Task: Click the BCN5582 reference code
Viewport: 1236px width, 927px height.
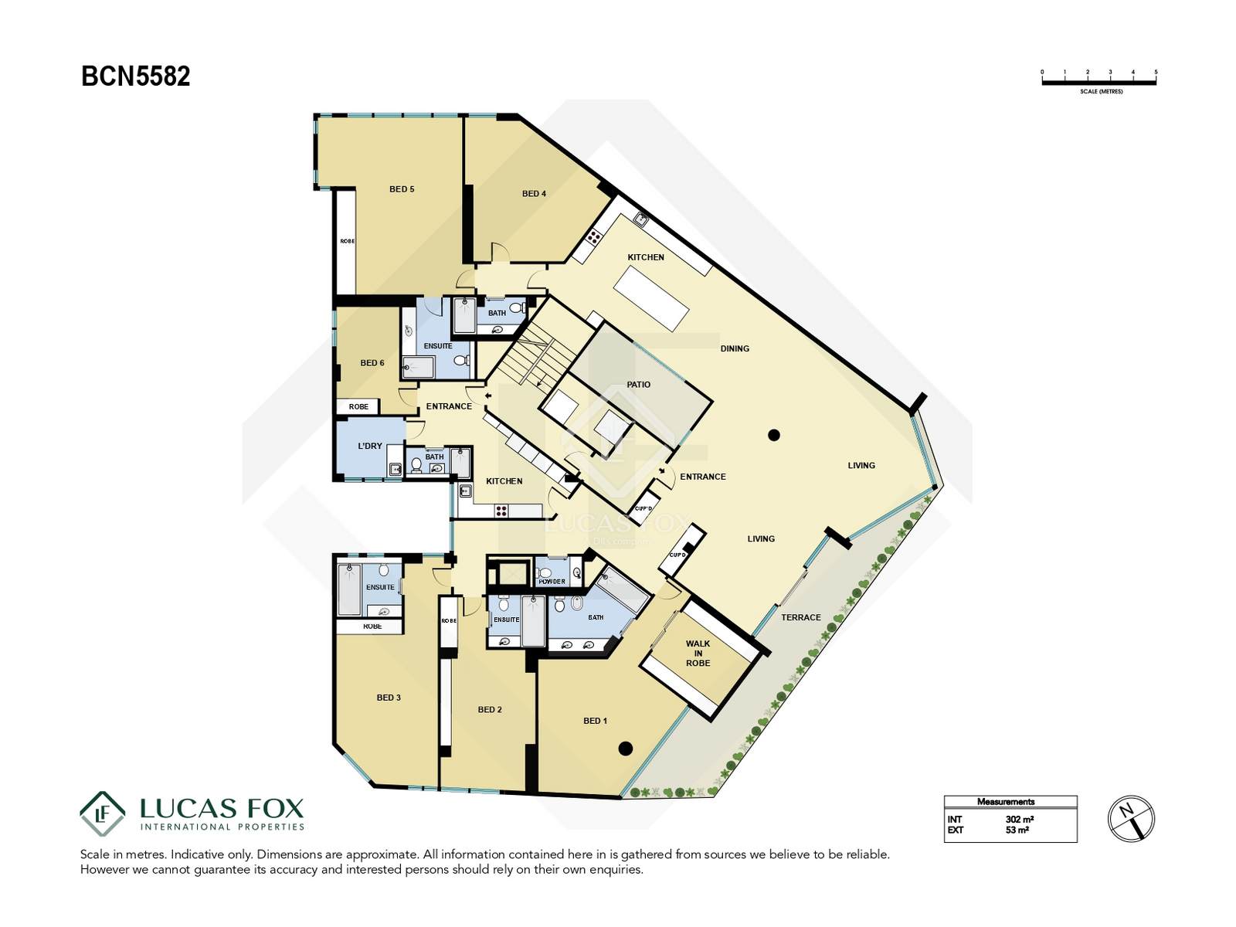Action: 136,76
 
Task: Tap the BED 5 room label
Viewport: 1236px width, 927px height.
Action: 402,189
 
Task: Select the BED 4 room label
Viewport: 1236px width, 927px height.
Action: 534,194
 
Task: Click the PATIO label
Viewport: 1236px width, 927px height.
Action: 639,385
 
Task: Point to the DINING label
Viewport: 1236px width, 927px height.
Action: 735,348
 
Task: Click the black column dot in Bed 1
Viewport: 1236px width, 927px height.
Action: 625,749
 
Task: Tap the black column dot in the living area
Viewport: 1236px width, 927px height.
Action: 774,434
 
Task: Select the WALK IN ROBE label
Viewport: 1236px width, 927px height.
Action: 698,653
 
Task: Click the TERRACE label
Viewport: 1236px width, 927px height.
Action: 801,617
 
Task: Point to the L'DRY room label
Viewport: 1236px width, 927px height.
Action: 370,446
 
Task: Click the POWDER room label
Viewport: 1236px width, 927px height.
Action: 552,582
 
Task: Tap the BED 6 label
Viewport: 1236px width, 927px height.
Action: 372,363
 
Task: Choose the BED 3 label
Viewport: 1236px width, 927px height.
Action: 389,698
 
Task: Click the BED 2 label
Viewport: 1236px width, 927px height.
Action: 489,710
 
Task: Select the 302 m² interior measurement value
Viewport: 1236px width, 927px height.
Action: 1019,820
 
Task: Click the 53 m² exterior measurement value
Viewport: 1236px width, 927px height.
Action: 1017,830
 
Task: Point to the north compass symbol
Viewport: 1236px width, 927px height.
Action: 1131,819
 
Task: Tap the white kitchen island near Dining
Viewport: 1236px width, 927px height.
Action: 651,298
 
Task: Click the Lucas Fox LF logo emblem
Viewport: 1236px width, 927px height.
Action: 102,813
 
